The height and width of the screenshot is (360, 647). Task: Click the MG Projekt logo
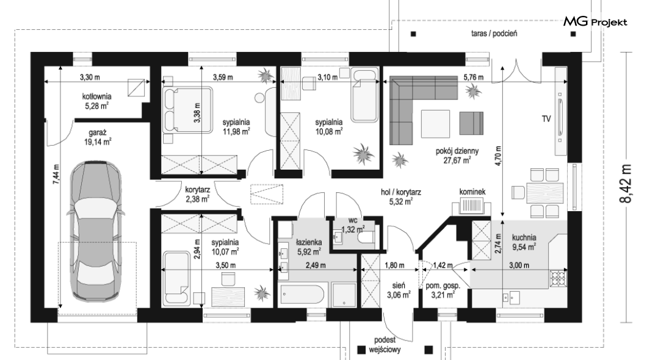click(x=595, y=22)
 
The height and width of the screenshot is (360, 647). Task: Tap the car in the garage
click(x=96, y=231)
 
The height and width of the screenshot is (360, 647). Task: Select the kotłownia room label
click(x=96, y=96)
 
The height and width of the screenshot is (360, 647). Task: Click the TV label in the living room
click(x=546, y=119)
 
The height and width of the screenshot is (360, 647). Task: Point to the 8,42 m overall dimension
click(x=626, y=184)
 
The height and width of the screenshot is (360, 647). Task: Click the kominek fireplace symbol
click(x=471, y=206)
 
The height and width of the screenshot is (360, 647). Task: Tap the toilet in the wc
click(x=366, y=238)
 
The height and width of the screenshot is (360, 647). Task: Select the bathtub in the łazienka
click(x=303, y=295)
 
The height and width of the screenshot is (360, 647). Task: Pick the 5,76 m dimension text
click(x=474, y=77)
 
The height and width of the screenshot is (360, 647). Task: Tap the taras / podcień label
click(x=494, y=34)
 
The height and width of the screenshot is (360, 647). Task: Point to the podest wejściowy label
click(x=385, y=345)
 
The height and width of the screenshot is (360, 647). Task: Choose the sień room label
click(x=399, y=285)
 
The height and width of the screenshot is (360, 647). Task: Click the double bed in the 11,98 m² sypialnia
click(x=187, y=110)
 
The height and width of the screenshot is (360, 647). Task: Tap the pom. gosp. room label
click(x=443, y=286)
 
